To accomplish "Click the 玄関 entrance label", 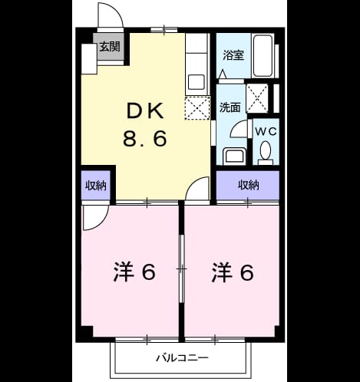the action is (x=110, y=47).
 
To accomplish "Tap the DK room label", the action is (x=145, y=110).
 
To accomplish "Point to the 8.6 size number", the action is (x=145, y=138).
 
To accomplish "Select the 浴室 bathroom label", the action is (x=233, y=55).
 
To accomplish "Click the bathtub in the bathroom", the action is (x=263, y=55).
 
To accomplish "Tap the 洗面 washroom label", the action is (x=230, y=107).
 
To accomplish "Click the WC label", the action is (x=266, y=131).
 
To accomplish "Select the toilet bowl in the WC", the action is (x=266, y=150).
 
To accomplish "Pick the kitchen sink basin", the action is (x=197, y=82).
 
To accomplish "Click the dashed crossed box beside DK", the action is (x=197, y=108).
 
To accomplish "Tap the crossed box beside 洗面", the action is (x=257, y=98).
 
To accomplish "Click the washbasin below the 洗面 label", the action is (x=234, y=156).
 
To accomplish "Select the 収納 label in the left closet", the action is (x=96, y=186).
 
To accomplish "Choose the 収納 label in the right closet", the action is (x=249, y=185).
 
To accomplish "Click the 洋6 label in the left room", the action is (x=134, y=272).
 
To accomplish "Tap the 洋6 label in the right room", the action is (x=233, y=272).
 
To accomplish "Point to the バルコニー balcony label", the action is (x=182, y=357).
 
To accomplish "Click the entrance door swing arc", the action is (x=118, y=10).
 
